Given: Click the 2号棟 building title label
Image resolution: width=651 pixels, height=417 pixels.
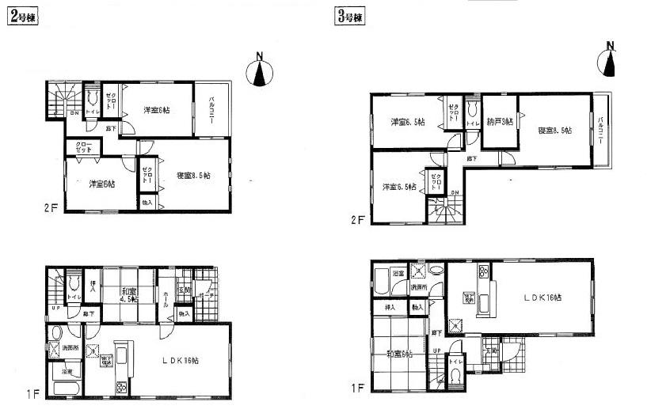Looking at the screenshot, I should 23,15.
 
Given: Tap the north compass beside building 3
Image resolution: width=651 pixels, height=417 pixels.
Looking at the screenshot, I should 610,59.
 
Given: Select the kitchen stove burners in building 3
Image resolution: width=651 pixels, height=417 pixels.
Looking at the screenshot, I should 481,275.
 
